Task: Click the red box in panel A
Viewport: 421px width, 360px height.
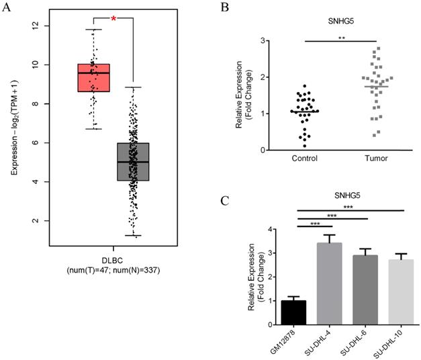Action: [x=93, y=77]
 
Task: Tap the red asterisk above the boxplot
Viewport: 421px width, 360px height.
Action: [x=113, y=19]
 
